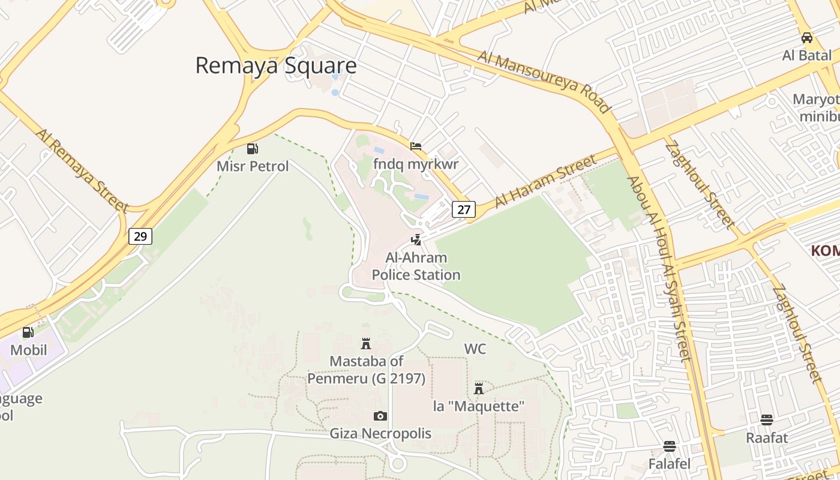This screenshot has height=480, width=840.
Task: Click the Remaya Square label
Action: point(276,65)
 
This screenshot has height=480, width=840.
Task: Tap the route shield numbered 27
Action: point(464,209)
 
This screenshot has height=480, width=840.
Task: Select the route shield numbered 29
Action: point(140,236)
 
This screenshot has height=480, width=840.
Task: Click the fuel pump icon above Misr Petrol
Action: point(253,149)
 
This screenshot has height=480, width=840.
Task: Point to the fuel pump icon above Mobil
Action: point(28,332)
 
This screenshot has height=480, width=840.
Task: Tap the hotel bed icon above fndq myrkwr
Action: point(415,146)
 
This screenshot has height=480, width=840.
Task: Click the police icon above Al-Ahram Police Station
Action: point(416,240)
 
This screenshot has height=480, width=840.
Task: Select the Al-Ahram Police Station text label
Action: point(416,266)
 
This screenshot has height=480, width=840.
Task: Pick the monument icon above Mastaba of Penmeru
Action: point(365,344)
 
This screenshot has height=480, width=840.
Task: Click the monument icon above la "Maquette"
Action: point(479,388)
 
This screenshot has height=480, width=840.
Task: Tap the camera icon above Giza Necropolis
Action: point(380,416)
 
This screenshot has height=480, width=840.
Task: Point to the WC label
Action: point(475,349)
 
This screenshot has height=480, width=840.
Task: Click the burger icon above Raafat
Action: point(766,420)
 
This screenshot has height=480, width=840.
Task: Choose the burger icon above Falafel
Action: point(670,446)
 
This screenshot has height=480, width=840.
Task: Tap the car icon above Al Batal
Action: point(807,38)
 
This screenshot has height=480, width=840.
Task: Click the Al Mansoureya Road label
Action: point(544,82)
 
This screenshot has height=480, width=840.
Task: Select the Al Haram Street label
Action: point(546,181)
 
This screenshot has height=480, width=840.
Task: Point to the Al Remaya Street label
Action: point(82,169)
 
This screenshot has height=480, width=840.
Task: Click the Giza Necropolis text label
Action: point(380,433)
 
